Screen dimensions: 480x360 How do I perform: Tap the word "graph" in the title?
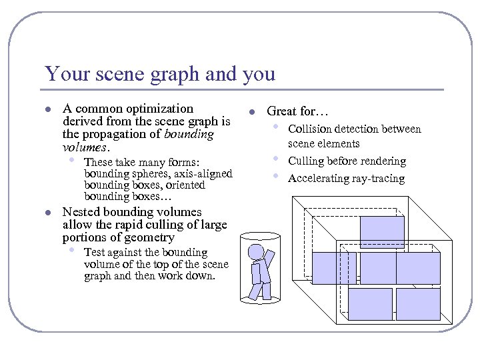(x=177, y=75)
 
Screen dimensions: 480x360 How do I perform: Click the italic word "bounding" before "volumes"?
(x=191, y=134)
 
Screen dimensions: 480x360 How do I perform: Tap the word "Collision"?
(x=309, y=129)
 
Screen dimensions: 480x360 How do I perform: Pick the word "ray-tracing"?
(x=379, y=179)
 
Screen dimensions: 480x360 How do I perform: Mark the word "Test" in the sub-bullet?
(x=94, y=253)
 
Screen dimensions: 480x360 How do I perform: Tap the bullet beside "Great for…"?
(x=252, y=112)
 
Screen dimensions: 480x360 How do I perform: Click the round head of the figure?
(x=256, y=252)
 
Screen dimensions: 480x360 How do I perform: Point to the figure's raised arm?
(x=269, y=256)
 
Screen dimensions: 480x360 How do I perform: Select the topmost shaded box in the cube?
(x=381, y=232)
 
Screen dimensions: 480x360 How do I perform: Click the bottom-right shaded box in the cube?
(x=418, y=304)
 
